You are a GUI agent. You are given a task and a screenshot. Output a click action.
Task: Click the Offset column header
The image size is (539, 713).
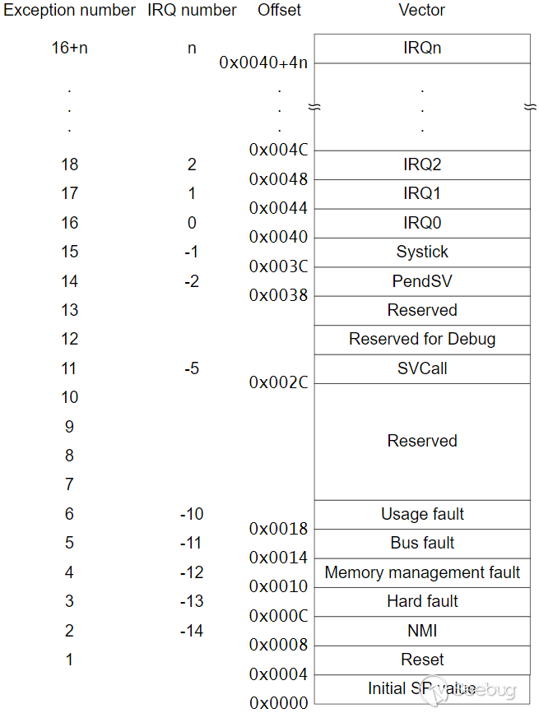[x=279, y=10]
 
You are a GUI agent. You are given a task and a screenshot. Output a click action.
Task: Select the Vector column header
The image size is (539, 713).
[x=421, y=10]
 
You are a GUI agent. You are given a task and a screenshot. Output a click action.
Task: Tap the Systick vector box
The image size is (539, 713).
[x=422, y=252]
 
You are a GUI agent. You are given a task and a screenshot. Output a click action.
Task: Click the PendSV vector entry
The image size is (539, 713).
[x=422, y=281]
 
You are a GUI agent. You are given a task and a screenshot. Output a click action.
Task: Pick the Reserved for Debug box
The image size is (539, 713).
[x=422, y=340]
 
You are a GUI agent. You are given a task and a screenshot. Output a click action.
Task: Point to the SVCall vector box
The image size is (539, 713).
[x=422, y=368]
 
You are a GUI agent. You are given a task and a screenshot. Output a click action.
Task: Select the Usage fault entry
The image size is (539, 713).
[x=422, y=514]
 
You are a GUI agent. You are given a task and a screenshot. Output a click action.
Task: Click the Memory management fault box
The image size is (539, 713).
[x=422, y=573]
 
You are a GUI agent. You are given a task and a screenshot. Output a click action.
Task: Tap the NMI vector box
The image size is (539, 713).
[x=422, y=631]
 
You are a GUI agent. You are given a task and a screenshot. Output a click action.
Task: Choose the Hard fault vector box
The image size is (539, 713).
[x=422, y=602]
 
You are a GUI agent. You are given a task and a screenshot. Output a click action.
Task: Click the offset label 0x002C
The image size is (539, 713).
[x=278, y=382]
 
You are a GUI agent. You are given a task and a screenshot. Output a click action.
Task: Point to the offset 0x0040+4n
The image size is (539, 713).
[x=263, y=63]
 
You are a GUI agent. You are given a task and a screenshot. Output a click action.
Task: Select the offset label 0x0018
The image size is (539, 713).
[x=278, y=529]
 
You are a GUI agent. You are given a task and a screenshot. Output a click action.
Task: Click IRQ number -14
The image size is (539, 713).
[x=192, y=631]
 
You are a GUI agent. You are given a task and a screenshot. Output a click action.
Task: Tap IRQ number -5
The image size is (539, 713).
[x=192, y=368]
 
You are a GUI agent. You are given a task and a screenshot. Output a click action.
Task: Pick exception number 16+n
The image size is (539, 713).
[x=70, y=48]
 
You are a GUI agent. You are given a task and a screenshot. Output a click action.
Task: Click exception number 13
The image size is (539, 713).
[x=70, y=310]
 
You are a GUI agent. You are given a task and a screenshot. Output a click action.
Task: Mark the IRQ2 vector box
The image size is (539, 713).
[x=422, y=165]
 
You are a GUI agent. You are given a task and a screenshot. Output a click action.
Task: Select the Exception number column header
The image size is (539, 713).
[x=70, y=10]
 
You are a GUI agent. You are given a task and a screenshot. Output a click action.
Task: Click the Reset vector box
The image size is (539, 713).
[x=422, y=660]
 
